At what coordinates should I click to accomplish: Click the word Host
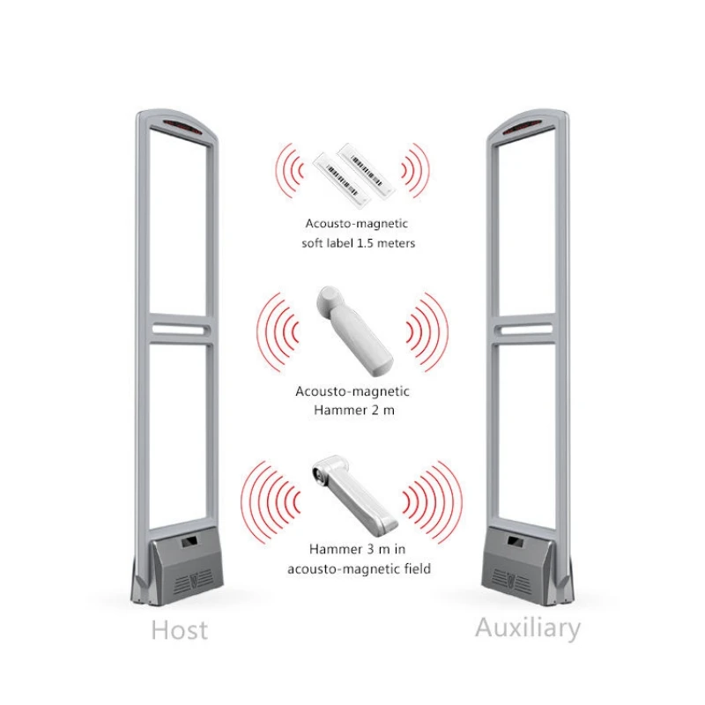pyautogui.click(x=180, y=630)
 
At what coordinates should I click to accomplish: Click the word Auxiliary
pyautogui.click(x=528, y=628)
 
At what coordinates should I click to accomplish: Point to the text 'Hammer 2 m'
pyautogui.click(x=352, y=410)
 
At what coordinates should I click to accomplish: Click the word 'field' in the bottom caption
pyautogui.click(x=414, y=569)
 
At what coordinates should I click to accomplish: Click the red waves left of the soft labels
pyautogui.click(x=288, y=167)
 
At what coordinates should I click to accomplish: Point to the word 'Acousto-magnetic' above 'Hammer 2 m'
pyautogui.click(x=352, y=391)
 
